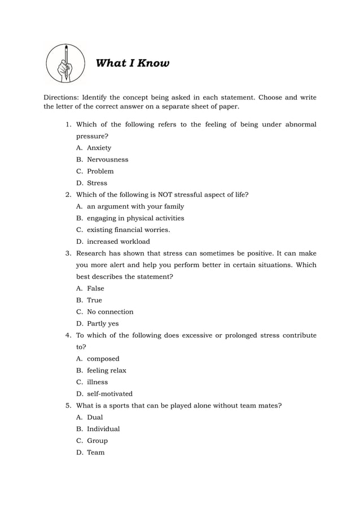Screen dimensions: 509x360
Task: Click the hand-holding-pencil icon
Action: click(x=66, y=64)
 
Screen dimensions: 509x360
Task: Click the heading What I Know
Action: click(x=133, y=63)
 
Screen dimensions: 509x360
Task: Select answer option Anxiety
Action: click(x=99, y=148)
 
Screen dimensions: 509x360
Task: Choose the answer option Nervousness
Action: click(x=107, y=160)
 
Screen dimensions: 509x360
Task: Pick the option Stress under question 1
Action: click(x=96, y=183)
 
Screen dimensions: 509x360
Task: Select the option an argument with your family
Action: click(x=135, y=207)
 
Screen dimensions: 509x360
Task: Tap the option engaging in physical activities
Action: click(x=135, y=218)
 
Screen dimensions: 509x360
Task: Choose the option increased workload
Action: click(x=118, y=242)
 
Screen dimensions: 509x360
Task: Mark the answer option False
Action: click(x=95, y=288)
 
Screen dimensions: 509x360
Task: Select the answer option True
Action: click(x=94, y=300)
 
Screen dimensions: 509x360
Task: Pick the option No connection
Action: click(x=110, y=311)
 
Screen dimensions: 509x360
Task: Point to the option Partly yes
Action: click(x=103, y=323)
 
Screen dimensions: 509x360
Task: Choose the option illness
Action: click(x=97, y=382)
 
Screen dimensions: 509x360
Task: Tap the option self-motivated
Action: click(x=109, y=394)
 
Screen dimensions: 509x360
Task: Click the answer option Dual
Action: click(x=95, y=417)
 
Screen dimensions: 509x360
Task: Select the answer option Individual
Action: click(x=103, y=429)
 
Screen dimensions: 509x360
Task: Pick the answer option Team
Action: click(x=95, y=453)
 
